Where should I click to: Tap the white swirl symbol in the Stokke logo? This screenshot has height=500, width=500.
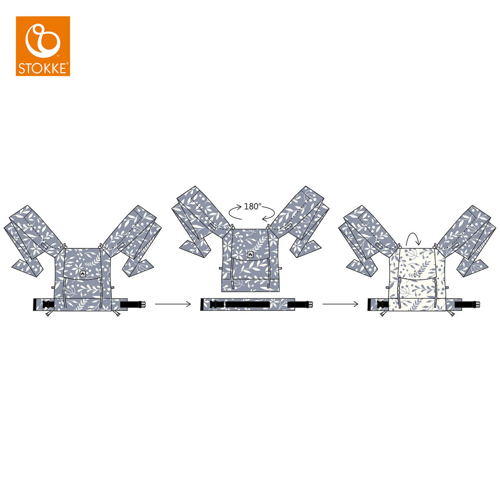tap(42, 40)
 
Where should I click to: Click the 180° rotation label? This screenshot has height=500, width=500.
tap(253, 207)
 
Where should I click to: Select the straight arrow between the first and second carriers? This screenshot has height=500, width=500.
tap(173, 304)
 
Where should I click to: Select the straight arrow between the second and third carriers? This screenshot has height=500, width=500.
tap(340, 304)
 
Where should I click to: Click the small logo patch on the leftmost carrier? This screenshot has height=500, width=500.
tap(83, 274)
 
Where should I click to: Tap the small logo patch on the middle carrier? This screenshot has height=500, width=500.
tap(250, 255)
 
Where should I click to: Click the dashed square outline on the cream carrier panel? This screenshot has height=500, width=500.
tap(417, 274)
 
